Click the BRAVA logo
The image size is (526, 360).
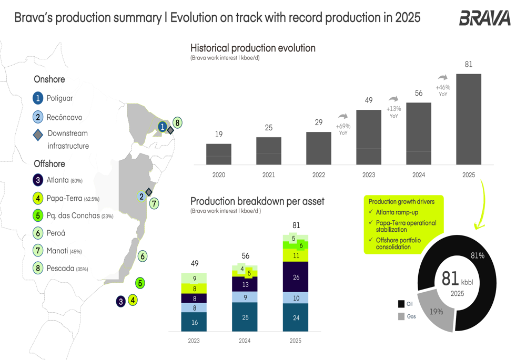pos(484,18)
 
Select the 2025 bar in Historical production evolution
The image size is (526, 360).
pos(468,119)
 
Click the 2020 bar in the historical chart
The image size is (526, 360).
pos(219,154)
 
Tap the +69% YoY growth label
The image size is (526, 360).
pos(343,129)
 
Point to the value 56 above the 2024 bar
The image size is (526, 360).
pos(419,93)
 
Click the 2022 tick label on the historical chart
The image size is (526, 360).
pos(318,174)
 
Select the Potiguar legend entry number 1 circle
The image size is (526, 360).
pos(38,98)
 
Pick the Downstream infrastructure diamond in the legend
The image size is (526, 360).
pos(38,135)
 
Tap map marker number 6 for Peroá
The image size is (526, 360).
pos(143,256)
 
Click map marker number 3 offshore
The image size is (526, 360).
pos(121,301)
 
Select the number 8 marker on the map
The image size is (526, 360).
pos(178,123)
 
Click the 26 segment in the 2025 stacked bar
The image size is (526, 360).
pos(296,277)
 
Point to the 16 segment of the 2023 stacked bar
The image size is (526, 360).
pos(194,322)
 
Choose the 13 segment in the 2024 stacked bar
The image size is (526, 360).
pos(245,284)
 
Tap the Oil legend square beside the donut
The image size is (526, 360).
pos(401,304)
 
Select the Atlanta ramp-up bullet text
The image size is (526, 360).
pos(397,212)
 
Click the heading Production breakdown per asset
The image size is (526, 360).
pos(257,201)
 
